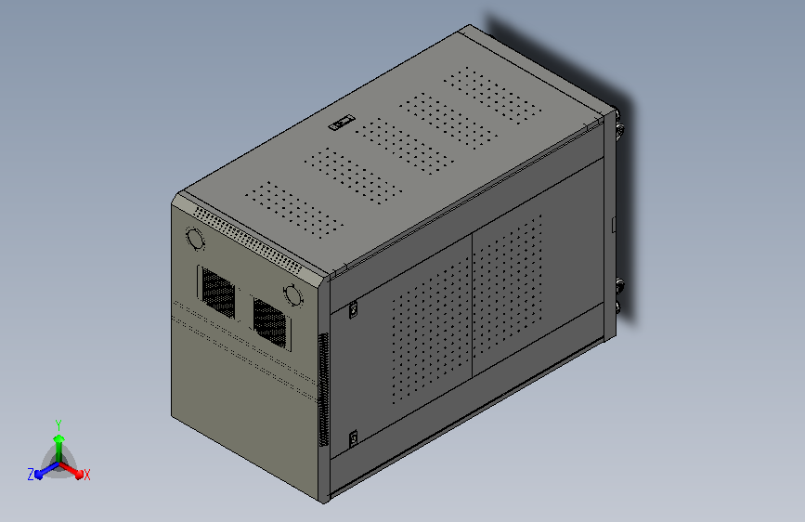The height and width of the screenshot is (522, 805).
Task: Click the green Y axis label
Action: point(58,423)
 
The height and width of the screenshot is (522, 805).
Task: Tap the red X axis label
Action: point(87,475)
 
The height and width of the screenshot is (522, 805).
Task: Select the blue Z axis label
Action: point(31,475)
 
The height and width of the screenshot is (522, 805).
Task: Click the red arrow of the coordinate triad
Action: point(74,470)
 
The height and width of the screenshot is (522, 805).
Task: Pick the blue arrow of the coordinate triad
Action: point(43,471)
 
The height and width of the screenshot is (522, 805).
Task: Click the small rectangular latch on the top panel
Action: point(341,122)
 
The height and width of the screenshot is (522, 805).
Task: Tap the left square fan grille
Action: point(218,290)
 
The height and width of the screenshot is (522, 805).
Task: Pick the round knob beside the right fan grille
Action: point(293,296)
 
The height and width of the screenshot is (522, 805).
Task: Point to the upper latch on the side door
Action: point(353,310)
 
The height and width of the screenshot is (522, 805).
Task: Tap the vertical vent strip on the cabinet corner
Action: point(323,390)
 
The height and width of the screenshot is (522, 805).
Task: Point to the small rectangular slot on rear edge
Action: point(615,223)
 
